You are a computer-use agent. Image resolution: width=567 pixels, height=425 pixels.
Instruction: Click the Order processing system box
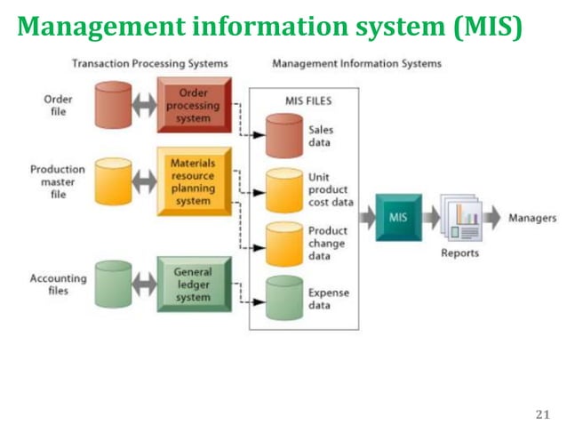(x=194, y=106)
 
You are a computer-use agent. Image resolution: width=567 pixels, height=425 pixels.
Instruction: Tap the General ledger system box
(x=193, y=284)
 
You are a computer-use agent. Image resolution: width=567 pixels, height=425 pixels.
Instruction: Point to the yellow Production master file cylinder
(x=113, y=181)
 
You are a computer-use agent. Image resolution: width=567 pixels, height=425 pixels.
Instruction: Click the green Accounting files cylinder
(x=113, y=285)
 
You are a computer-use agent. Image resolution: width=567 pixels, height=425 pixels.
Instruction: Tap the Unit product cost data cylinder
(x=284, y=188)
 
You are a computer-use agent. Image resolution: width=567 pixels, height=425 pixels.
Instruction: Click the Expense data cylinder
(x=284, y=298)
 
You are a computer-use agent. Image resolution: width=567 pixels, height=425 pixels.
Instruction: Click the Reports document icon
(x=461, y=219)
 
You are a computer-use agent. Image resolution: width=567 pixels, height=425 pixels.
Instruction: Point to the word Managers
(x=532, y=218)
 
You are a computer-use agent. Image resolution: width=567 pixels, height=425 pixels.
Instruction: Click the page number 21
(x=545, y=413)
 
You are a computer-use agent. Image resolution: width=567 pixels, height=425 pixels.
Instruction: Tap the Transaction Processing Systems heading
(x=149, y=64)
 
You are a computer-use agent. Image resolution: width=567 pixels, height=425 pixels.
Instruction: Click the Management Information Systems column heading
(x=356, y=64)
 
